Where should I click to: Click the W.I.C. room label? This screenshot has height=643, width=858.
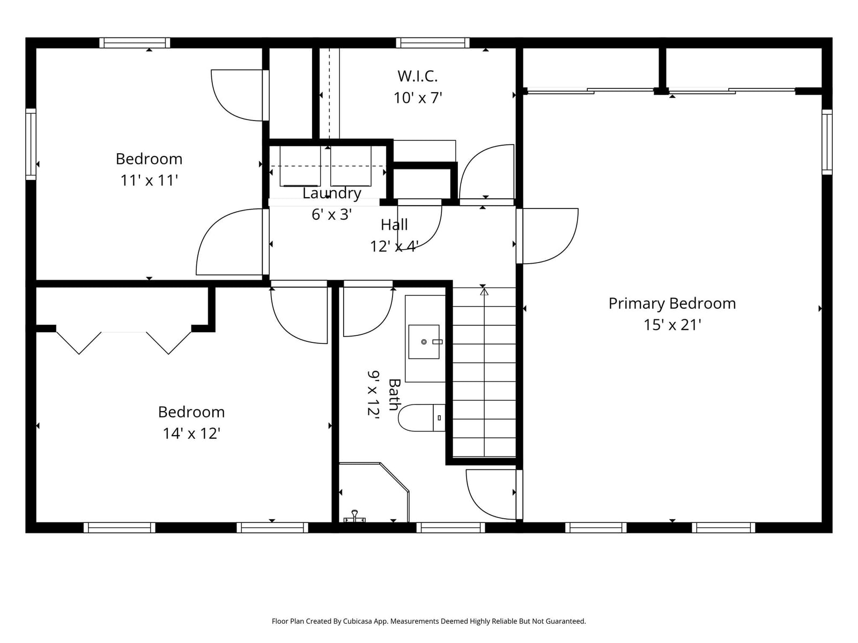pyautogui.click(x=417, y=76)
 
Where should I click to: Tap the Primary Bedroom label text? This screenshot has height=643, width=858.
pyautogui.click(x=672, y=303)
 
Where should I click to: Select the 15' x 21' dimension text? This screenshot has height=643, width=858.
pyautogui.click(x=672, y=325)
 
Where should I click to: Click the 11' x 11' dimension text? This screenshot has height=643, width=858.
pyautogui.click(x=149, y=181)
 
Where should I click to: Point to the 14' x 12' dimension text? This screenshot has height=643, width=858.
pyautogui.click(x=191, y=433)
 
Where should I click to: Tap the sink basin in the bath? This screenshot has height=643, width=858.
pyautogui.click(x=424, y=342)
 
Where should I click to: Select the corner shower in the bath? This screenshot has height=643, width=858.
pyautogui.click(x=374, y=492)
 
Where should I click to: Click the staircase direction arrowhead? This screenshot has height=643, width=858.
pyautogui.click(x=484, y=291)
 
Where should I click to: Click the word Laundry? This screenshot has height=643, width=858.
pyautogui.click(x=332, y=193)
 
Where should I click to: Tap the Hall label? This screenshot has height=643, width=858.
pyautogui.click(x=394, y=225)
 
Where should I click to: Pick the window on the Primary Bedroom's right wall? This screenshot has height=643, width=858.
pyautogui.click(x=827, y=141)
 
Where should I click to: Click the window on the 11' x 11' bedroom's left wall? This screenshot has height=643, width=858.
pyautogui.click(x=31, y=144)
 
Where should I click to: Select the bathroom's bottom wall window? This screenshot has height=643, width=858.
pyautogui.click(x=450, y=527)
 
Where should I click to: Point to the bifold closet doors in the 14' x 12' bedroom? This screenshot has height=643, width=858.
pyautogui.click(x=124, y=342)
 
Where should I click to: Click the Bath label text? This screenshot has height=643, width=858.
pyautogui.click(x=394, y=394)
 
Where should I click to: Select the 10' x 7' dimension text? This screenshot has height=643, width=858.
pyautogui.click(x=417, y=98)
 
